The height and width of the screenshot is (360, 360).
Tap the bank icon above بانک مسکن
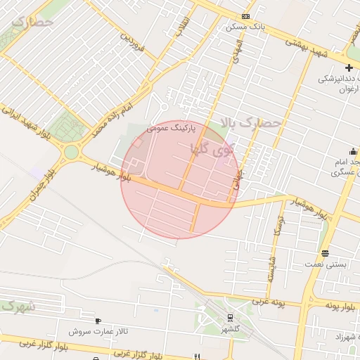pyautogui.click(x=245, y=16)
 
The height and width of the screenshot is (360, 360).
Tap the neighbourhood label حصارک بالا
pyautogui.click(x=251, y=123)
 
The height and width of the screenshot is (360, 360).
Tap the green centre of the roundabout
pyautogui.click(x=71, y=152)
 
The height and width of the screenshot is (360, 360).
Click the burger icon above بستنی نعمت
pyautogui.click(x=324, y=253)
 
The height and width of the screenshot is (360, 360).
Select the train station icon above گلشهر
pyautogui.click(x=230, y=319)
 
